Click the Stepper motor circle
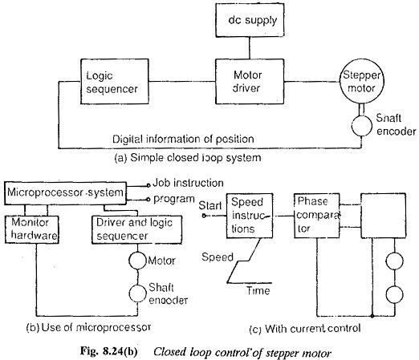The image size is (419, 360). tap(362, 82)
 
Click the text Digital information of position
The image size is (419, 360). tap(183, 140)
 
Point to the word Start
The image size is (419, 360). tap(210, 206)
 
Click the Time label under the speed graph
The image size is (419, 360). tap(258, 290)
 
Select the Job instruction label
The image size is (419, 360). tap(188, 183)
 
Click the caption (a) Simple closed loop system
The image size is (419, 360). tap(188, 158)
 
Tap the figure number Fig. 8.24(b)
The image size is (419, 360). tap(108, 352)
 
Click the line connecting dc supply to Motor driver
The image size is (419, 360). tap(250, 48)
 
